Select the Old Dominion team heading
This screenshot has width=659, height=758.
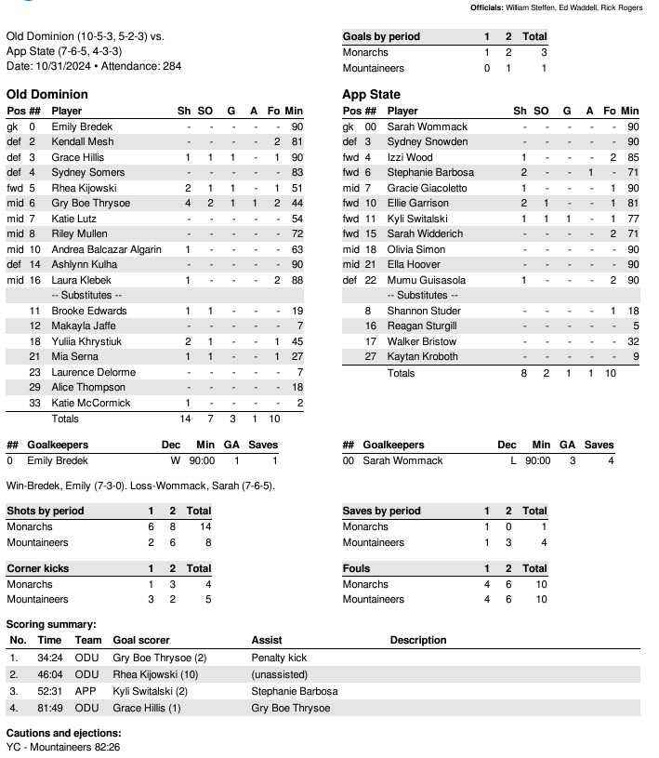click(x=47, y=94)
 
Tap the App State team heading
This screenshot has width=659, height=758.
click(x=371, y=94)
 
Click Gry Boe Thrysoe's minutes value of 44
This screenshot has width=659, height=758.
click(x=297, y=203)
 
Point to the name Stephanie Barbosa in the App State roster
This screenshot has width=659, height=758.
click(x=430, y=172)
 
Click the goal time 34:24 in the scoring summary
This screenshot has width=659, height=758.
click(x=49, y=658)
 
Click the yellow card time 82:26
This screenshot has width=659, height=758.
click(x=99, y=747)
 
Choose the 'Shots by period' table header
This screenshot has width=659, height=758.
click(x=45, y=511)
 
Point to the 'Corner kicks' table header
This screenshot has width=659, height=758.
click(x=37, y=568)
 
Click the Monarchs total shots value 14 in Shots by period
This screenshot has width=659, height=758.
click(x=198, y=526)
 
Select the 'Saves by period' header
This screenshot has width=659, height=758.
click(x=381, y=511)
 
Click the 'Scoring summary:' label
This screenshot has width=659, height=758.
click(x=51, y=624)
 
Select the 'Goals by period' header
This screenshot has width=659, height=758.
click(x=381, y=36)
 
